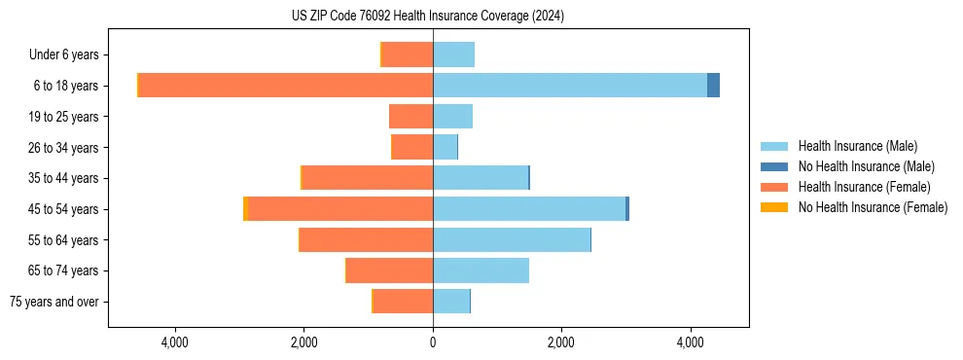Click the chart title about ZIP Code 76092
pyautogui.click(x=428, y=17)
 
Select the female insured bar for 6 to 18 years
pyautogui.click(x=286, y=86)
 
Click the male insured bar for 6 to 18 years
pyautogui.click(x=570, y=86)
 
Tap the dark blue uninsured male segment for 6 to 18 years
pyautogui.click(x=713, y=86)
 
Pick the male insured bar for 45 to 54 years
pyautogui.click(x=529, y=209)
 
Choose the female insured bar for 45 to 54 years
pyautogui.click(x=340, y=209)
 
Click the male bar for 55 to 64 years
pyautogui.click(x=512, y=240)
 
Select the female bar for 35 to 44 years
pyautogui.click(x=368, y=178)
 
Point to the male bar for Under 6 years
pyautogui.click(x=453, y=54)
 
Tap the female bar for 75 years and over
pyautogui.click(x=403, y=302)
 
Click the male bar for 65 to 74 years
pyautogui.click(x=481, y=270)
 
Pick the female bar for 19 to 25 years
pyautogui.click(x=410, y=117)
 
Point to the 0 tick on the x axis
pyautogui.click(x=433, y=342)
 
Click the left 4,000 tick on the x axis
pyautogui.click(x=175, y=342)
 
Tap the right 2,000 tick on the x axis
pyautogui.click(x=561, y=342)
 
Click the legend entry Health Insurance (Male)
pyautogui.click(x=857, y=146)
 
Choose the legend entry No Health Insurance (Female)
pyautogui.click(x=873, y=207)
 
